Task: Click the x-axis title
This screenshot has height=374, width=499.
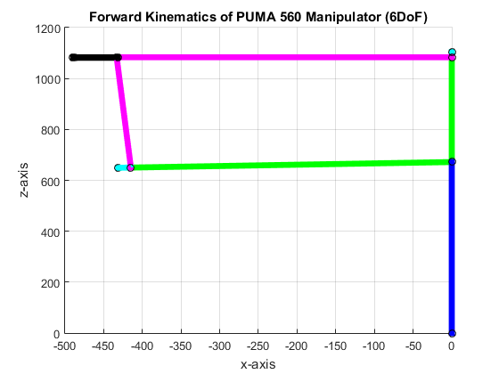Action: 258,364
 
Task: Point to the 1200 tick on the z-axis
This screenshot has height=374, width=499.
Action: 46,28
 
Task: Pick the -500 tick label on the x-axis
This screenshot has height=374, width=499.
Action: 64,346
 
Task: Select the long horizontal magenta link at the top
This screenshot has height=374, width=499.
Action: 285,57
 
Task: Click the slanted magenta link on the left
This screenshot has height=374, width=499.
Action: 124,112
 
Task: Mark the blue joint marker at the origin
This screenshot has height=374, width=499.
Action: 452,333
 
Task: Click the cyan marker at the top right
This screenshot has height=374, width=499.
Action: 452,52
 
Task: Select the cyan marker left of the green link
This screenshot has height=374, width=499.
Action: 119,167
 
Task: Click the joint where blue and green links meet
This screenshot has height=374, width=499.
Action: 452,161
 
